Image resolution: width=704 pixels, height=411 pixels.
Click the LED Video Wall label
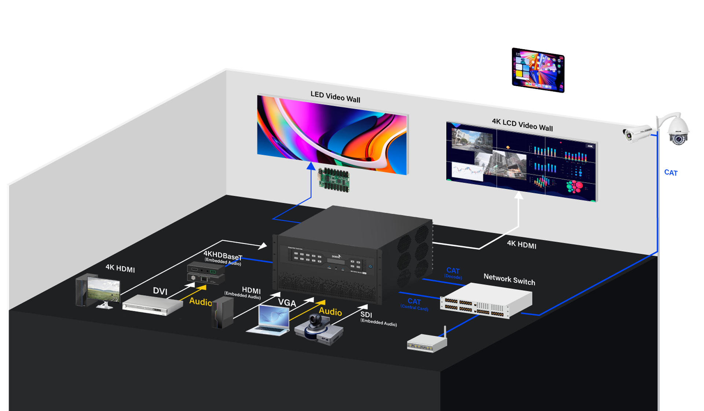click(x=335, y=97)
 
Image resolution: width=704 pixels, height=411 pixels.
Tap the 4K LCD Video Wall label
click(x=522, y=125)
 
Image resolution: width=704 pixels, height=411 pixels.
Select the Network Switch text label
click(x=509, y=279)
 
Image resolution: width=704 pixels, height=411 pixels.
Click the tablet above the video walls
click(x=538, y=70)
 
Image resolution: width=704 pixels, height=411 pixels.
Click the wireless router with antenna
click(x=427, y=343)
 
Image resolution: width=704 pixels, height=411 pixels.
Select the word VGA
click(x=287, y=303)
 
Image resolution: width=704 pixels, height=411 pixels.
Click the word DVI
click(x=160, y=291)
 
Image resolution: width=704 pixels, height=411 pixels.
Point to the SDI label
click(x=366, y=315)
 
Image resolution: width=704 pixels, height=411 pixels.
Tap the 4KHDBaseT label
click(x=223, y=255)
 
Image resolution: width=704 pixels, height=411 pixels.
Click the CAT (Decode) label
click(x=453, y=273)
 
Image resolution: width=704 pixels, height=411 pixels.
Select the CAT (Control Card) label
click(x=414, y=304)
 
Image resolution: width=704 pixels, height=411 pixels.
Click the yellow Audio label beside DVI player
click(x=201, y=301)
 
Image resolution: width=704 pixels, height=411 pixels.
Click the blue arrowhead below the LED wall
click(x=311, y=166)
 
